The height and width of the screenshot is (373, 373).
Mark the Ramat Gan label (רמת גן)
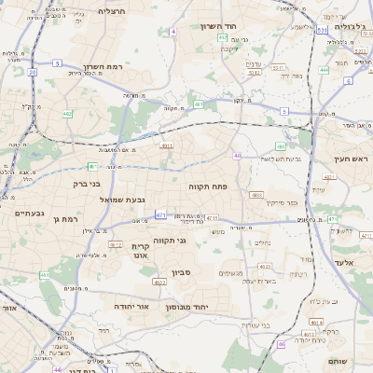tap(69, 218)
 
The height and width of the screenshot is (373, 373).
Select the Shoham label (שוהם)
tap(338, 360)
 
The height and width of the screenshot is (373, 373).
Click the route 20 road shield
tap(33, 71)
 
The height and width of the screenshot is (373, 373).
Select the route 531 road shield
tap(321, 31)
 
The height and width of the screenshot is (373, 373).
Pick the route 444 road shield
tap(324, 69)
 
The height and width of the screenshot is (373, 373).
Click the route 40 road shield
tap(238, 156)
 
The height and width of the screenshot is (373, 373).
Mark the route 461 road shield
tap(44, 276)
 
